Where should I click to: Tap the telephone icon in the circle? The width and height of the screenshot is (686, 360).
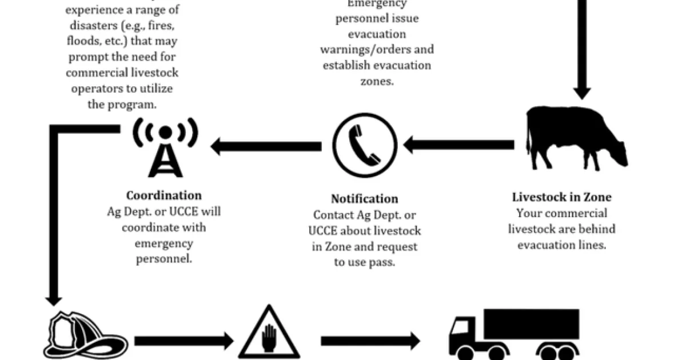pos(365,145)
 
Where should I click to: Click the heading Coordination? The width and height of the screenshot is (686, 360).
pos(163,195)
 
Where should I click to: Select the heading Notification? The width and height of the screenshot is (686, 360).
pos(365,199)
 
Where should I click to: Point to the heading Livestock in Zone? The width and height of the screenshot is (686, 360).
pos(561,197)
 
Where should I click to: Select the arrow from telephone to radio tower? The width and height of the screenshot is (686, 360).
pos(266,146)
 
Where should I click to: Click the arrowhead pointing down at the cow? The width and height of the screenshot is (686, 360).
pos(582,91)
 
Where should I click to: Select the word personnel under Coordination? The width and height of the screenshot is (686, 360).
pos(164,259)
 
